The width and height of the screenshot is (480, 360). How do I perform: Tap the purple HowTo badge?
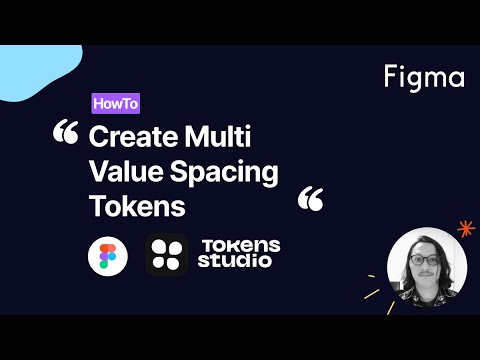point(115,103)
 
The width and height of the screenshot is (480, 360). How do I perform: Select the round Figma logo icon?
point(107,255)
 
